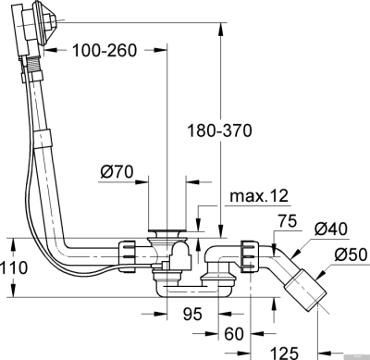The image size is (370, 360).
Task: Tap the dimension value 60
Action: [x=234, y=332]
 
